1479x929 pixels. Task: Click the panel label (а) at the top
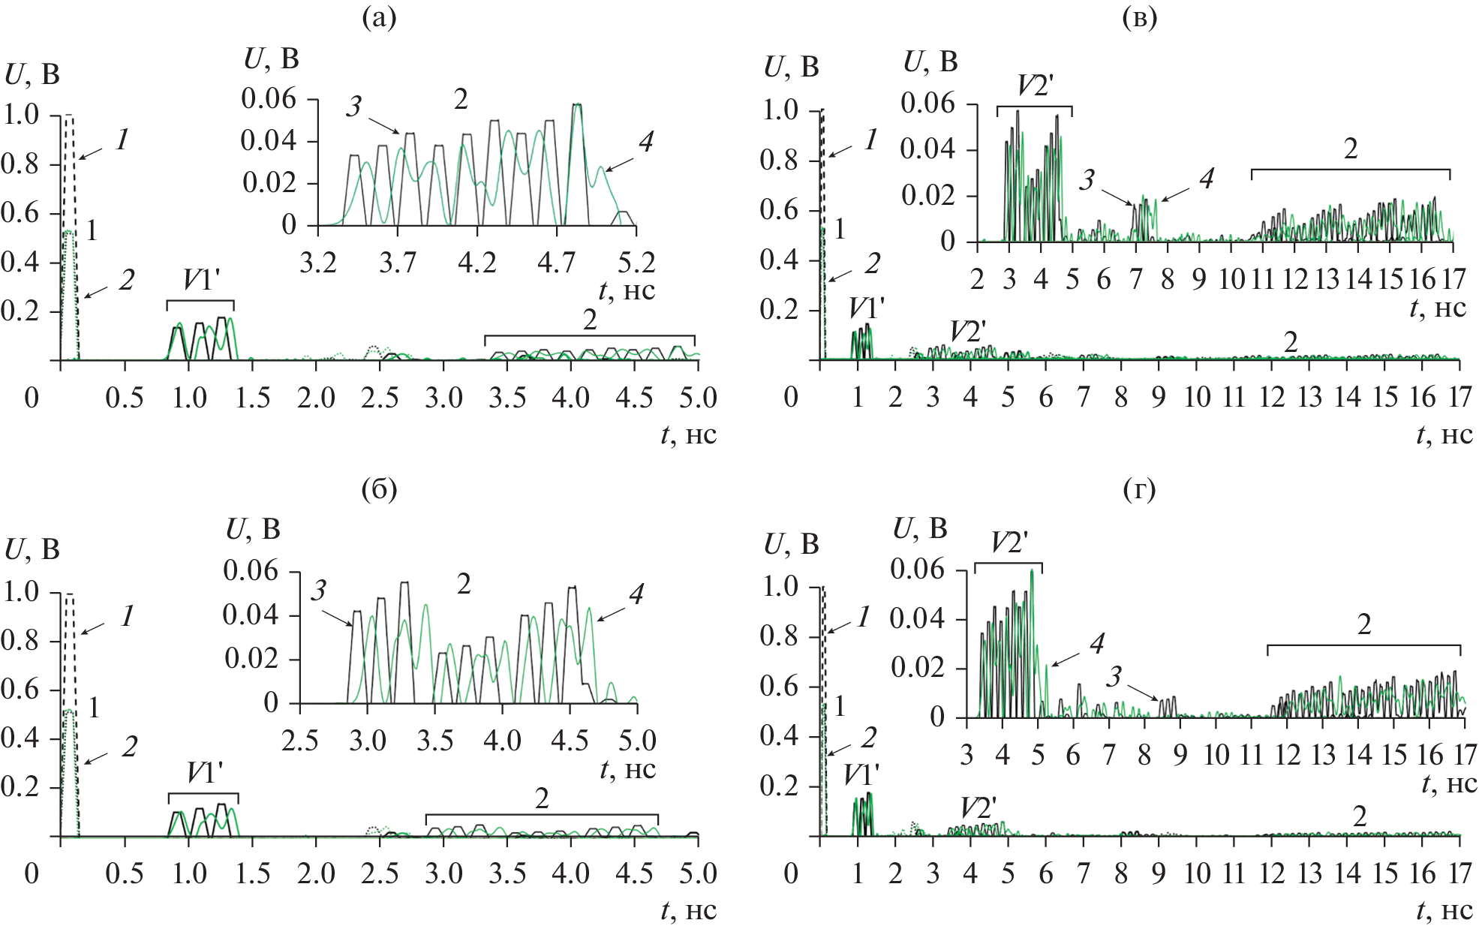click(x=378, y=17)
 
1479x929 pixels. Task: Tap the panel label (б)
click(x=378, y=490)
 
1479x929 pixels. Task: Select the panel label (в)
click(x=1139, y=17)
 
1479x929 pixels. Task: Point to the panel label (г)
click(x=1139, y=490)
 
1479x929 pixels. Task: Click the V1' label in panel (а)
click(x=201, y=281)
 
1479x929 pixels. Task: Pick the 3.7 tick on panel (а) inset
click(x=397, y=263)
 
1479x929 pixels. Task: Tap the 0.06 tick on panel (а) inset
click(x=269, y=98)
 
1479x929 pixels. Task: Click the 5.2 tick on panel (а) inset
click(x=636, y=263)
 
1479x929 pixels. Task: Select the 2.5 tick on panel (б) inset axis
click(x=299, y=741)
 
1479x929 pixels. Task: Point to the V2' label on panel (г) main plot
click(x=978, y=808)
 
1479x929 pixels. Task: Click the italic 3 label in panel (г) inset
click(x=1114, y=677)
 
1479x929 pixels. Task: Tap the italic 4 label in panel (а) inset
click(x=645, y=141)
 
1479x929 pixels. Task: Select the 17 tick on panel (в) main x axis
click(x=1459, y=397)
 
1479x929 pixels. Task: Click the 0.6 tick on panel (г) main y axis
click(x=779, y=686)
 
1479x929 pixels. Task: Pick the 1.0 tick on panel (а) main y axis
click(x=21, y=115)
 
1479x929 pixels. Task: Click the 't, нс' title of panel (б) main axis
click(x=688, y=911)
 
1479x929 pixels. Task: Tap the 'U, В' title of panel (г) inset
click(x=919, y=529)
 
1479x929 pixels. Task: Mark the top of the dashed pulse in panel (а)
click(x=69, y=116)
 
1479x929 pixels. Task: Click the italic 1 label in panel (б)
click(x=128, y=616)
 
